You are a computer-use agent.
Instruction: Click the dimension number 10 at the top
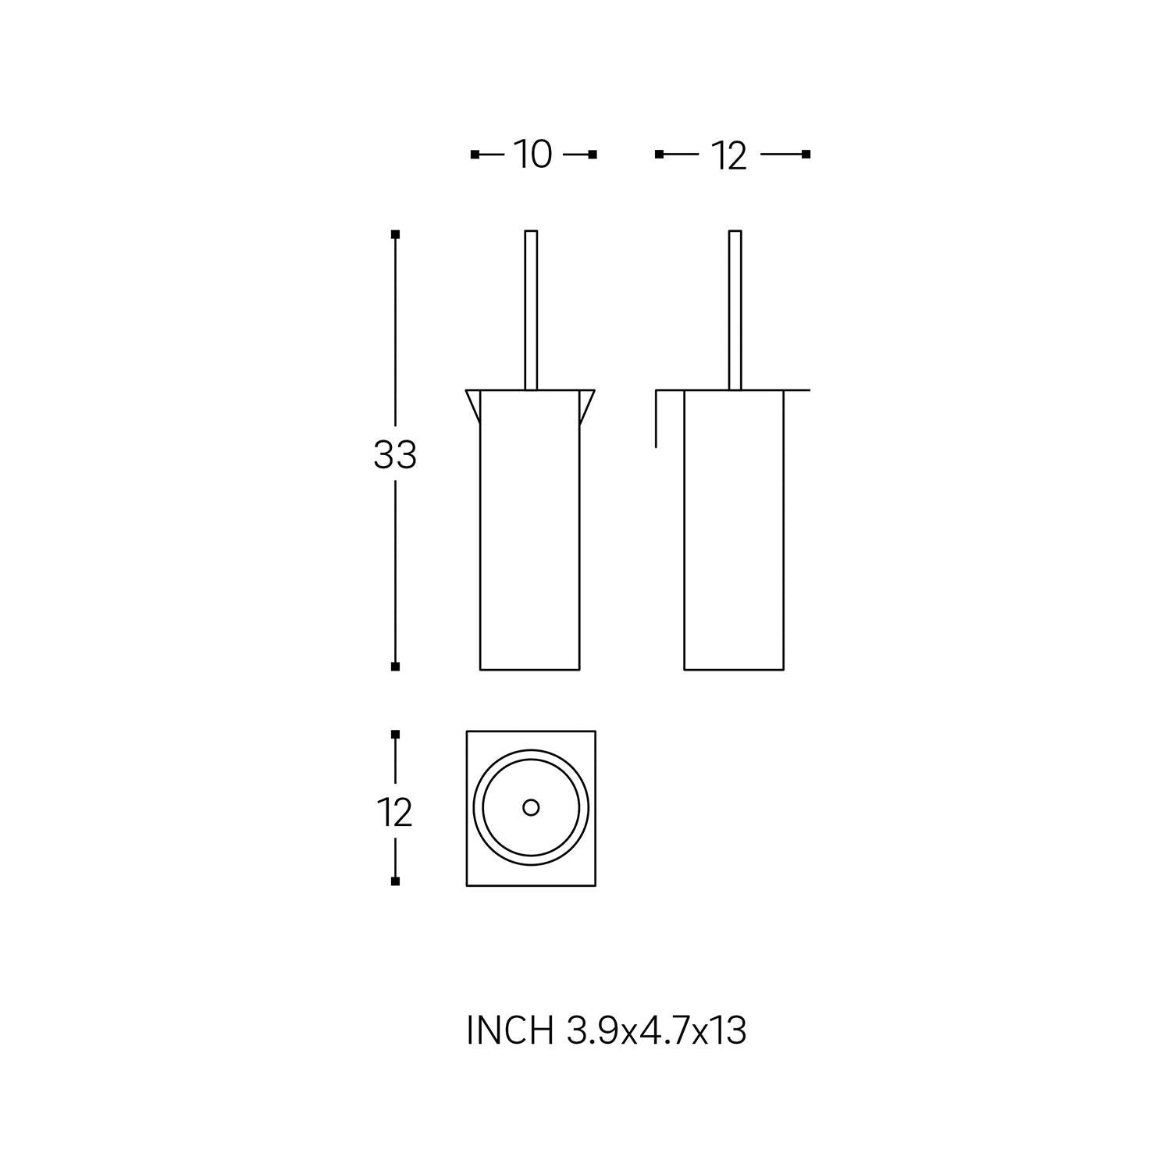tap(532, 155)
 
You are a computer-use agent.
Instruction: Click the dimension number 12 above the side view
tap(729, 156)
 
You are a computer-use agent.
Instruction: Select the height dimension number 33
tap(395, 455)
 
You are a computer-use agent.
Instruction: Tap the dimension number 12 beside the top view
tap(395, 813)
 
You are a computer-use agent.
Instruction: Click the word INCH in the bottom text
tap(510, 1030)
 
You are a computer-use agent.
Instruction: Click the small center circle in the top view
tap(531, 808)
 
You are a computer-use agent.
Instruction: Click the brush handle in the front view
tap(531, 310)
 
